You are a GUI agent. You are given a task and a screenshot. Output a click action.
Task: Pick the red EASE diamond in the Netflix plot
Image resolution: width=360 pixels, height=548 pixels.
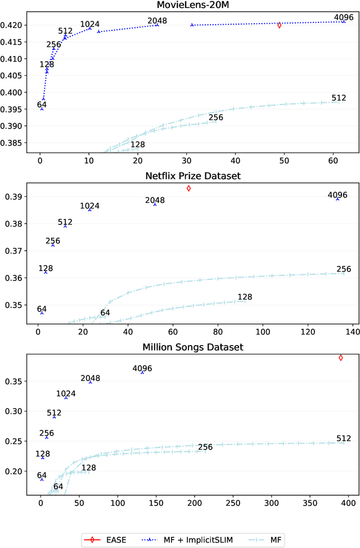tap(188, 188)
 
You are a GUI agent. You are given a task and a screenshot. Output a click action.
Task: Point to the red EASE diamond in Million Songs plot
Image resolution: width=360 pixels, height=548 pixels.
tap(340, 357)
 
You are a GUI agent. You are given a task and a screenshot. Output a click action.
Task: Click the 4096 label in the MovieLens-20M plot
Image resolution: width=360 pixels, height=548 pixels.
tap(343, 17)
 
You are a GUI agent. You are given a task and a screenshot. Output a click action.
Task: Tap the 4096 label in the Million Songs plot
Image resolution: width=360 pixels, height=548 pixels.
tap(142, 369)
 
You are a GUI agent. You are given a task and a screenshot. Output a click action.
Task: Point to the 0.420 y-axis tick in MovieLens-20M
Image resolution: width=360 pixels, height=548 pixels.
tap(13, 25)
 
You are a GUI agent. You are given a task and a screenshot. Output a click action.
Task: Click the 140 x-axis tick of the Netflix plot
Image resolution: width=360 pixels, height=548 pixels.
tap(353, 332)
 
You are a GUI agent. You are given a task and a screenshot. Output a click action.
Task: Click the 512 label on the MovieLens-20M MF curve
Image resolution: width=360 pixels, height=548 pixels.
tap(339, 98)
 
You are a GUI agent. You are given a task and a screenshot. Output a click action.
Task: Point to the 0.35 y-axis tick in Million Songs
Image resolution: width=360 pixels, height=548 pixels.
tap(15, 382)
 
